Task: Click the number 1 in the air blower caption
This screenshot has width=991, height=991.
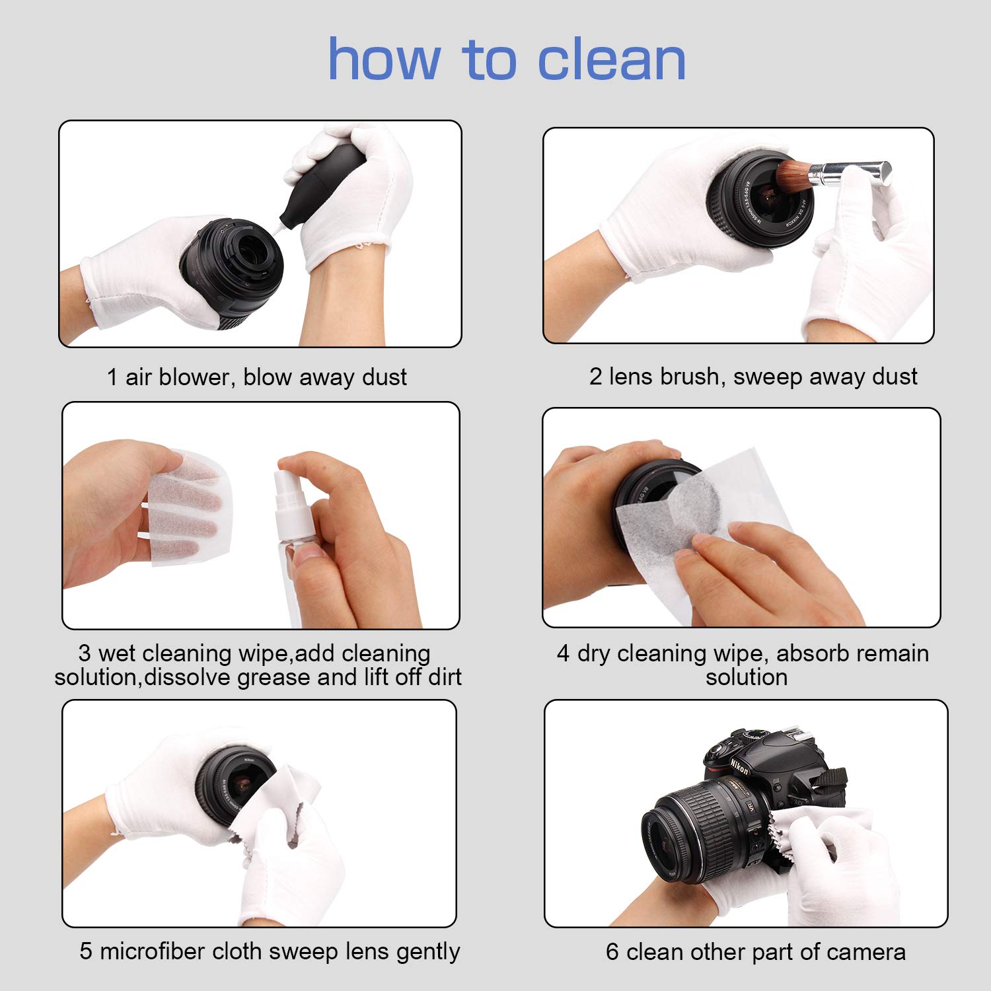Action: click(112, 377)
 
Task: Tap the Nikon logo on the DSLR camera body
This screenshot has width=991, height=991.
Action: click(739, 766)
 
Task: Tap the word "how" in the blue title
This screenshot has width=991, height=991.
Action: click(384, 60)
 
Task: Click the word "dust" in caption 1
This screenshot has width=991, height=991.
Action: click(385, 377)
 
